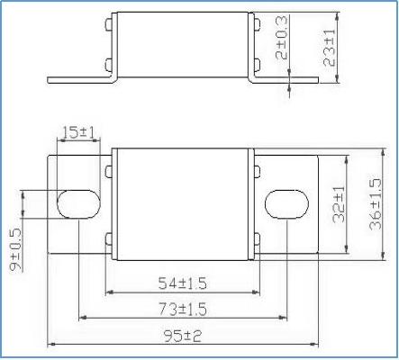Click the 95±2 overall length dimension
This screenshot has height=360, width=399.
click(x=183, y=336)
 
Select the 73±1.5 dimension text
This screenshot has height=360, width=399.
click(x=183, y=310)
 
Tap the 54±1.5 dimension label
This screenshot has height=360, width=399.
click(x=183, y=283)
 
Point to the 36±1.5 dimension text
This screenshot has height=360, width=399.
click(x=376, y=204)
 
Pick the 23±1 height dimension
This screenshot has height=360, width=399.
click(x=329, y=48)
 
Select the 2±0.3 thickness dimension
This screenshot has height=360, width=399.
click(x=281, y=38)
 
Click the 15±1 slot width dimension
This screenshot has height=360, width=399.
click(x=78, y=132)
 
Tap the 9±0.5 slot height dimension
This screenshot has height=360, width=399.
click(x=15, y=250)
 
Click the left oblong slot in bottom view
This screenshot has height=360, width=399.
click(x=78, y=204)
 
